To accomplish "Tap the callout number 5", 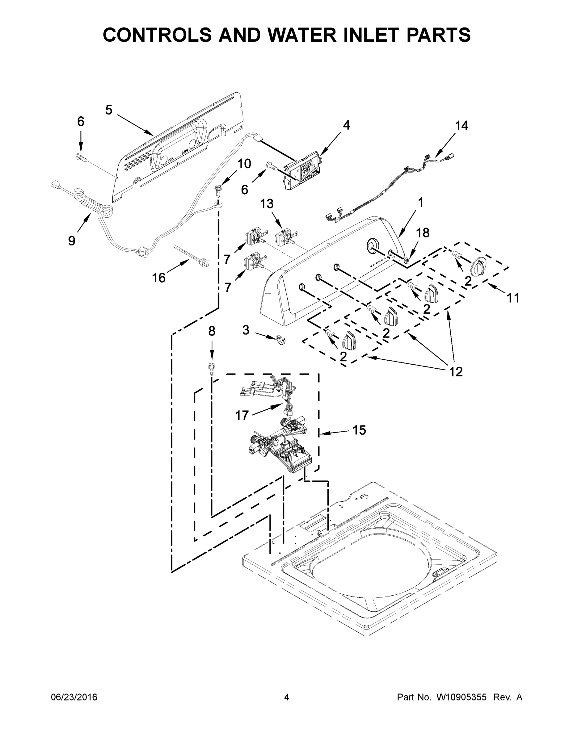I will coord(109,110).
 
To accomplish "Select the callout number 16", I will coord(158,278).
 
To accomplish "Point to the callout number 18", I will coord(423,233).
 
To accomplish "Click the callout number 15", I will coord(359,430).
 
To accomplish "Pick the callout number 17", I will coord(242,415).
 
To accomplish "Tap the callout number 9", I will coord(72,241).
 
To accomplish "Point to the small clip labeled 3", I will coord(281,339).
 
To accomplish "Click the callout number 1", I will coord(421,203).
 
